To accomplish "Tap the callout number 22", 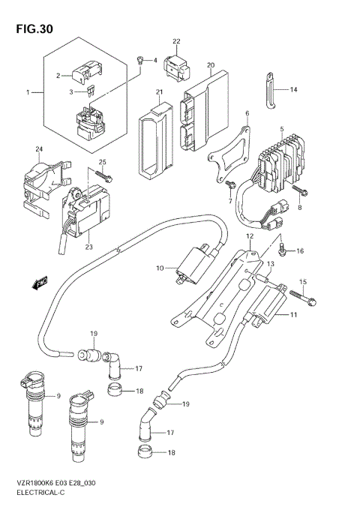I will coord(177,41).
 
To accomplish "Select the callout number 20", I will coord(211,65).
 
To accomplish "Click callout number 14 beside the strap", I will coord(294,89).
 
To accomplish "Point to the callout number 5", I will coord(281,128).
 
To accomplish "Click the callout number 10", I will coord(159,268).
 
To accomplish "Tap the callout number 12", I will coord(250,235).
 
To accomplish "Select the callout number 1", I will coord(29,92).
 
